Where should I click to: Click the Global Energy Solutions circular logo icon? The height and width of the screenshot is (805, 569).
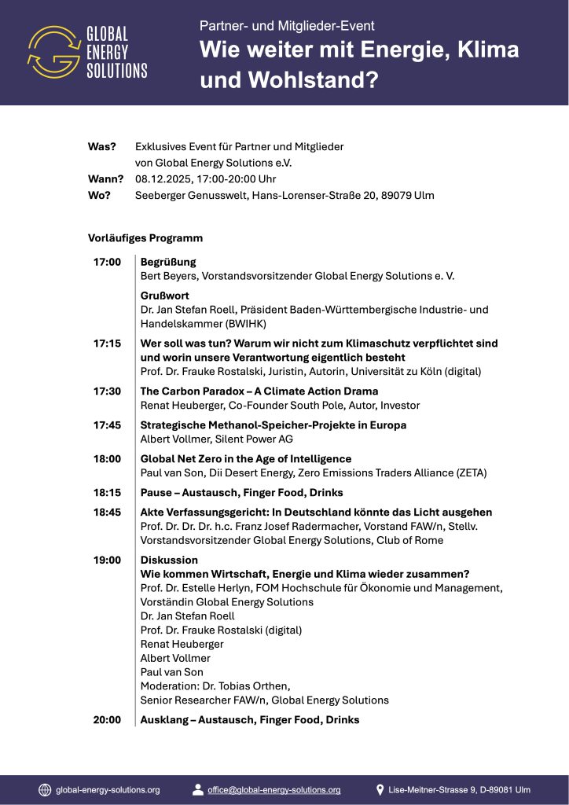(53, 52)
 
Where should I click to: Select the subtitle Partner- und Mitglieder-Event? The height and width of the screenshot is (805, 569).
(287, 26)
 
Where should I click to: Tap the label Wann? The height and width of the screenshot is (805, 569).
(105, 178)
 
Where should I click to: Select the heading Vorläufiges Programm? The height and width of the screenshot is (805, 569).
(145, 237)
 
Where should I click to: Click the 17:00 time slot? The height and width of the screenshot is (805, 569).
(107, 262)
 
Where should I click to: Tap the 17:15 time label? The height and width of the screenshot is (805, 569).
(107, 344)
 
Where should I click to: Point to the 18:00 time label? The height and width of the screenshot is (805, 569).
(107, 458)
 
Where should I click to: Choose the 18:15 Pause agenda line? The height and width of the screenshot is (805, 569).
(241, 492)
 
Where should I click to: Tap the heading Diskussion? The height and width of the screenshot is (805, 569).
(169, 560)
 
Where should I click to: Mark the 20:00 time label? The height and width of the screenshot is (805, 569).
(107, 719)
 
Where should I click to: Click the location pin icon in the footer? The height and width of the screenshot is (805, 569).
(380, 789)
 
